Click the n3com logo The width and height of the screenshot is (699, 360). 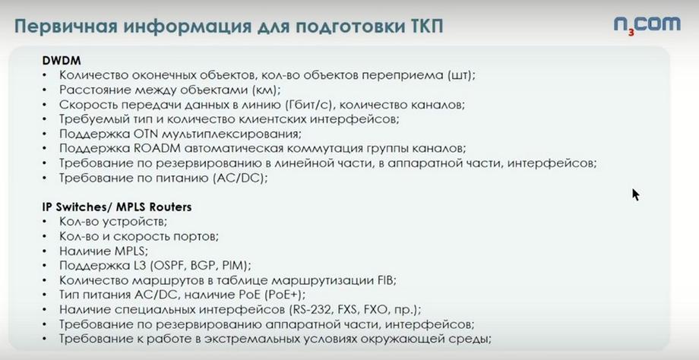pyautogui.click(x=647, y=25)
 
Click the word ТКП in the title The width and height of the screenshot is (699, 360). pyautogui.click(x=425, y=27)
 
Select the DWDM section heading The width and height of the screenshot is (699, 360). pyautogui.click(x=62, y=60)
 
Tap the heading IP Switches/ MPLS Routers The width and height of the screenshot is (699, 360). pyautogui.click(x=117, y=207)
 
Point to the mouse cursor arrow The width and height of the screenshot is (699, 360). pyautogui.click(x=636, y=194)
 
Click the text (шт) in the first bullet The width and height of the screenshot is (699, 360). pyautogui.click(x=461, y=75)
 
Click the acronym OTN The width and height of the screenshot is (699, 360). pyautogui.click(x=145, y=134)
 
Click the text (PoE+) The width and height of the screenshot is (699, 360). pyautogui.click(x=284, y=295)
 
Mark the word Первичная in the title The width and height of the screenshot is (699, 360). pyautogui.click(x=66, y=27)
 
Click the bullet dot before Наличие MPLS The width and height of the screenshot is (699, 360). pyautogui.click(x=45, y=251)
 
